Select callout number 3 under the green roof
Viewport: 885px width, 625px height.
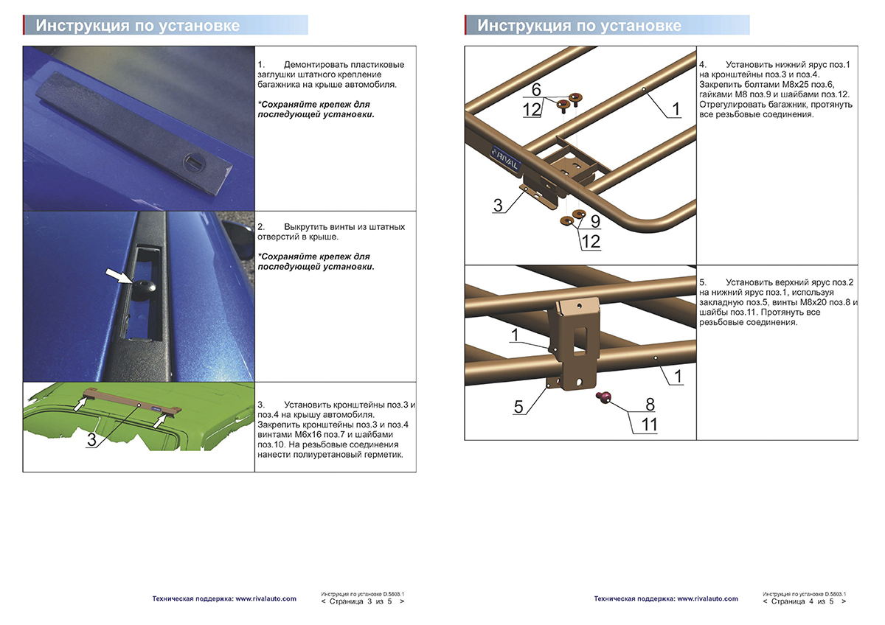91,440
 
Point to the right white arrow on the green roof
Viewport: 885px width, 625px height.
160,419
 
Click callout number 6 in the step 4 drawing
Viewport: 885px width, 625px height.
536,89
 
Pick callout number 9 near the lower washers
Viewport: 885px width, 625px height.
594,220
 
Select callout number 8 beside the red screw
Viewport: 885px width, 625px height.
650,404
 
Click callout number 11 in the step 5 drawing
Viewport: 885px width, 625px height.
650,425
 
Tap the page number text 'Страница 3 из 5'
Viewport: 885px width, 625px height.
361,601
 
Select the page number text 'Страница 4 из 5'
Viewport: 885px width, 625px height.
803,601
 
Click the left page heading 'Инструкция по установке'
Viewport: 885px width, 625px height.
139,26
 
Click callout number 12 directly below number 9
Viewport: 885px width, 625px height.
590,241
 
